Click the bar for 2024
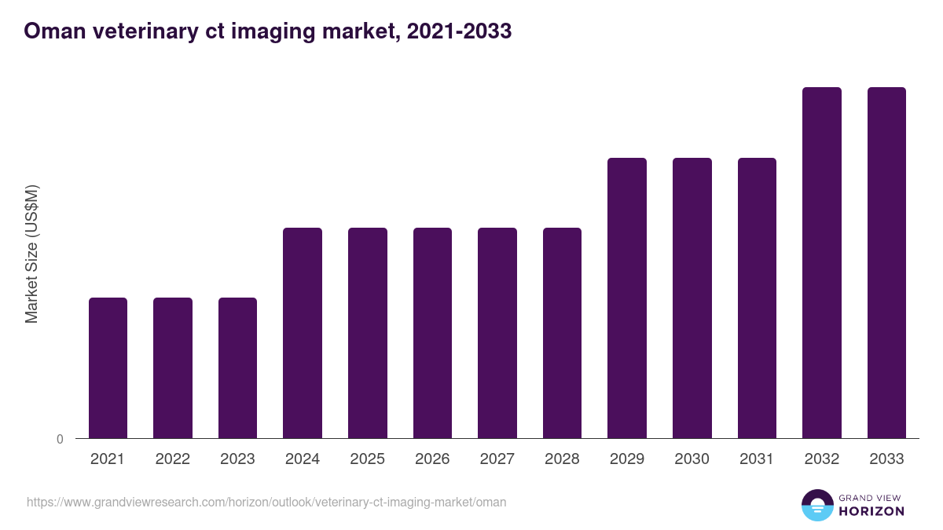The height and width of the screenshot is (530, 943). coord(303,333)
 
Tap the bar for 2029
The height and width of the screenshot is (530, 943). coord(627,298)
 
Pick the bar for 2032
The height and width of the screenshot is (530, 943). coord(821,262)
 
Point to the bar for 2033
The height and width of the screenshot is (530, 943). coord(886,262)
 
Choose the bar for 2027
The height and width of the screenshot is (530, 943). coord(497,333)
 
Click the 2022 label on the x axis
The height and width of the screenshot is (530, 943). coord(173,459)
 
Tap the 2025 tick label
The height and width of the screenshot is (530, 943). coord(367,459)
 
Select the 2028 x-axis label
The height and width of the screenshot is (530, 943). coord(562,459)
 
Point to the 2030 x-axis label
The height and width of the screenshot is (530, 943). coord(692,459)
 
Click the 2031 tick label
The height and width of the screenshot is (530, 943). coord(757,459)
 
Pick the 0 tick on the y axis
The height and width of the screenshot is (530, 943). coord(60,440)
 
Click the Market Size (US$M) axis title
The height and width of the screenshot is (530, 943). coord(31,254)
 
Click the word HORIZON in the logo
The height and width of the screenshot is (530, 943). coord(871,511)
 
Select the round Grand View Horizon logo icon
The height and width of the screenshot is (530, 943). coord(816,506)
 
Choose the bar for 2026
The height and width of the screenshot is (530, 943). coord(432,333)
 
